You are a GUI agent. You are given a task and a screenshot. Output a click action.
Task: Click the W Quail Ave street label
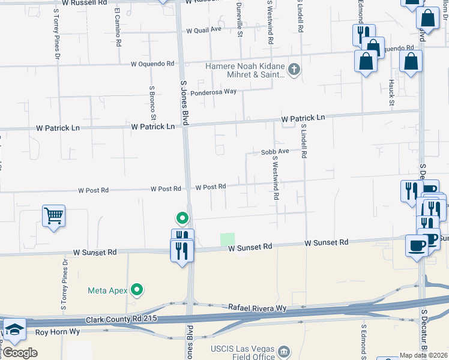[204, 29]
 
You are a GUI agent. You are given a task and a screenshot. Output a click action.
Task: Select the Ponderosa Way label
[213, 92]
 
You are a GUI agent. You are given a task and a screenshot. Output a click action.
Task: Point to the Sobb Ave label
[276, 152]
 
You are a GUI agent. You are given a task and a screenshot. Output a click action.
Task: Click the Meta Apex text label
[108, 290]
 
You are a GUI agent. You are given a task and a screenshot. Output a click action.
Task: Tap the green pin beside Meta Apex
[137, 290]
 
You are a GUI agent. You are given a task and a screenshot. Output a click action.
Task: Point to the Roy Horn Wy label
[57, 332]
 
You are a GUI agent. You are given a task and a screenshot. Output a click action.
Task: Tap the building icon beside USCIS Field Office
[285, 350]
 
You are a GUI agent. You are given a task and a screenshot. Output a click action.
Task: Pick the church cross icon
[294, 70]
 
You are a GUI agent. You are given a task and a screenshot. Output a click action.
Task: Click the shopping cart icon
[53, 216]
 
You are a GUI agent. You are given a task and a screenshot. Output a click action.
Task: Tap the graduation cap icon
[14, 329]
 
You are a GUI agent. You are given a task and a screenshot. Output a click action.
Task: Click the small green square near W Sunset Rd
[228, 239]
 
